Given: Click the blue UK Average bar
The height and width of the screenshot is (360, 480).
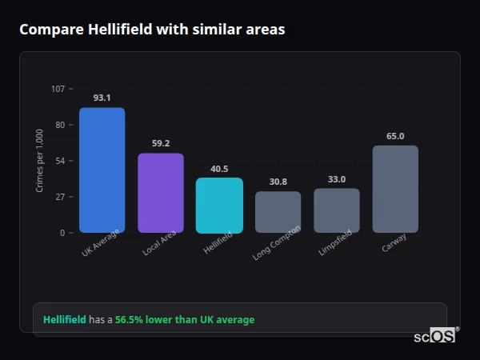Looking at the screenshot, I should [102, 170].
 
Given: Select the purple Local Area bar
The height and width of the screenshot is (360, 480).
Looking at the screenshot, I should [161, 193].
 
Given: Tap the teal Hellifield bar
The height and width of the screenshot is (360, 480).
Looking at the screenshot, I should [219, 205].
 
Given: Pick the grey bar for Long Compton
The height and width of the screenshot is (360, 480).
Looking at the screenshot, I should [278, 212].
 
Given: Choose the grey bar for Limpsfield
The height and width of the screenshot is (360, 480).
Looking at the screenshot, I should [337, 210].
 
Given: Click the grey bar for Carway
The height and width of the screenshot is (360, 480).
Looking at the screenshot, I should [395, 189].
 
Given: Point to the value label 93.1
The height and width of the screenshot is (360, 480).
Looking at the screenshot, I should [102, 98].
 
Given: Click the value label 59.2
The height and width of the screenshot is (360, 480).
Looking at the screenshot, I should [161, 144].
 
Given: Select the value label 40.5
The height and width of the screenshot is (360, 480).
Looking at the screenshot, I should [219, 169].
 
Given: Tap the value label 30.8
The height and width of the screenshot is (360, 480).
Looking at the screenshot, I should [278, 182].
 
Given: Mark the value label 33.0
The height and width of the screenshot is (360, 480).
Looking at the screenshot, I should [337, 179].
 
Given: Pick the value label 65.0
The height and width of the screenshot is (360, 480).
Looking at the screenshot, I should [395, 137].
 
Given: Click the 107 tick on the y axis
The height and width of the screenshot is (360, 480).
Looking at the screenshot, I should [58, 89].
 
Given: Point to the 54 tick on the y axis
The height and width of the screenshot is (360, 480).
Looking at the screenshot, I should [60, 161].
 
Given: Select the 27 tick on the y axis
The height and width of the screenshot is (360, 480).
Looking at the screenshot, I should [60, 197].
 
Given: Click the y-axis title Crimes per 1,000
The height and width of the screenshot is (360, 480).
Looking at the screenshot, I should [40, 160].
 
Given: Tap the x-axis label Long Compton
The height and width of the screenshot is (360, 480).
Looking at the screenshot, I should [277, 243].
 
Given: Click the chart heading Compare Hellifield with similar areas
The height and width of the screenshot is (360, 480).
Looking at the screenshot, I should [152, 30].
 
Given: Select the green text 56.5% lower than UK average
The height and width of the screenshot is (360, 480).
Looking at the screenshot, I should [185, 320].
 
